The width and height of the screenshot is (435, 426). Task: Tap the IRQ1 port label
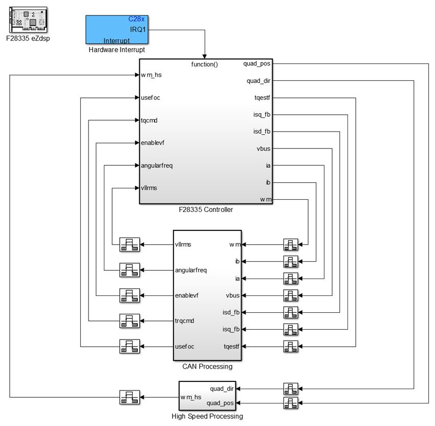[x=138, y=29]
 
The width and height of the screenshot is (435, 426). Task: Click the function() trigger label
[x=205, y=65]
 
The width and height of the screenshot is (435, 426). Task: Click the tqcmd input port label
[x=149, y=120]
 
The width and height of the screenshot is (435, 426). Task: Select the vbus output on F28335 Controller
[x=264, y=149]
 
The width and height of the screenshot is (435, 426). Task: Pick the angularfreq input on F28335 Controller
[x=157, y=165]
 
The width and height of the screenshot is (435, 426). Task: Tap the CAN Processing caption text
[x=207, y=367]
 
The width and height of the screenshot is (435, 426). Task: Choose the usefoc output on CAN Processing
[x=184, y=346]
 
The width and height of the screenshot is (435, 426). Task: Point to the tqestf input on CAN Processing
[x=232, y=347]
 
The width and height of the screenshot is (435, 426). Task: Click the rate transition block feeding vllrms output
[x=129, y=245]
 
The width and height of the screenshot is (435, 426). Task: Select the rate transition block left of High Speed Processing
[x=129, y=397]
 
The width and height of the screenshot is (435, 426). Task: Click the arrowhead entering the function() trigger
[x=205, y=56]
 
